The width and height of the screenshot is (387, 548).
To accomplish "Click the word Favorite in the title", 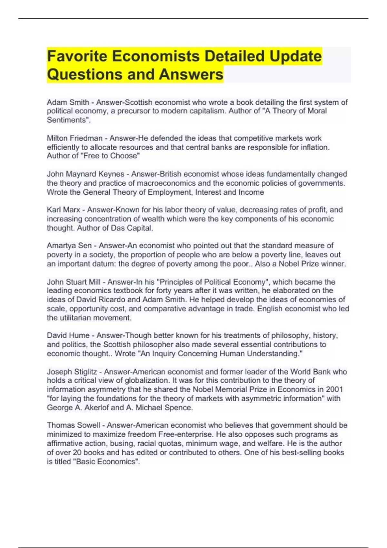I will (x=77, y=56).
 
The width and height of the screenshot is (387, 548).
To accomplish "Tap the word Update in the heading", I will (x=295, y=56).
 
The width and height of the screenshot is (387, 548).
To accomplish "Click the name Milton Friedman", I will (x=74, y=138).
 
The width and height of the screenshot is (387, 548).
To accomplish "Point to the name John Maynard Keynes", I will (x=85, y=174).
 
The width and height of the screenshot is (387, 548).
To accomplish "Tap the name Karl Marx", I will (x=64, y=210).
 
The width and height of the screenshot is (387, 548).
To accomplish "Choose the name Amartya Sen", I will (x=69, y=246).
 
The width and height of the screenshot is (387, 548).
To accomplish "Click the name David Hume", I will (x=68, y=336).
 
